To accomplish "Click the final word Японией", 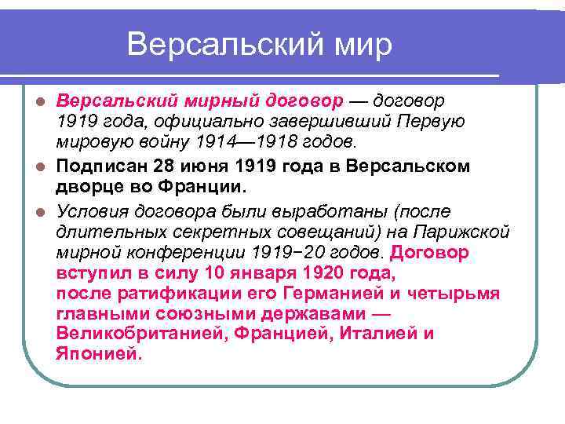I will tap(98, 353).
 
